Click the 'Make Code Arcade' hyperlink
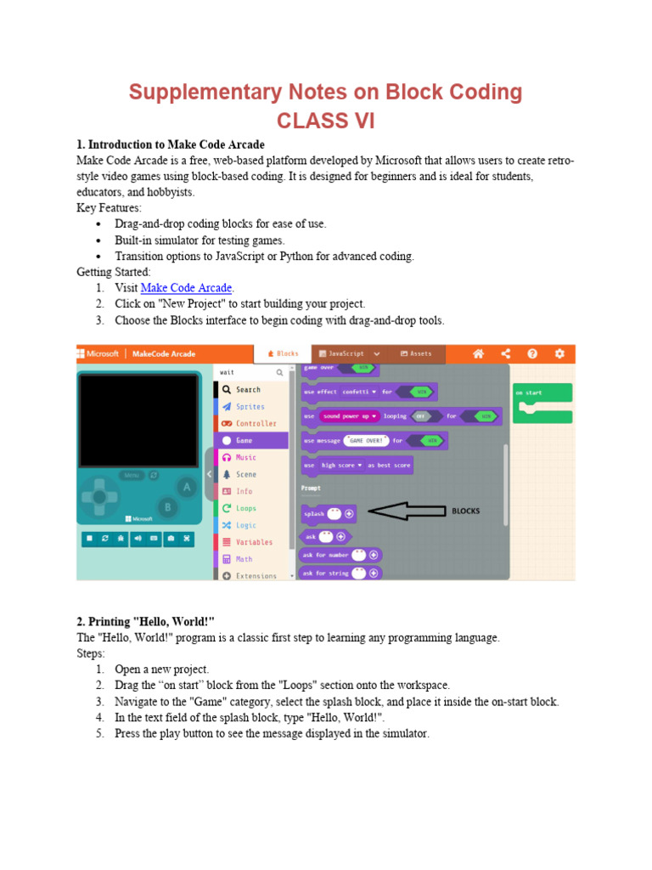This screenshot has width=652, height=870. [x=186, y=288]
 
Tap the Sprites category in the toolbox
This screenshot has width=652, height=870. [x=250, y=407]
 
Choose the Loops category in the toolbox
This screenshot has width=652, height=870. [x=245, y=508]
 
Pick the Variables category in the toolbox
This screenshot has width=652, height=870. [x=254, y=542]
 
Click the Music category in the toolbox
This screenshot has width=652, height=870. [x=245, y=457]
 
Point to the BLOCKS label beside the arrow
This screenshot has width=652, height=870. [x=465, y=511]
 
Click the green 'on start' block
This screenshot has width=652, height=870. [x=542, y=393]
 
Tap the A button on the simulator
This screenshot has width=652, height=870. [x=186, y=486]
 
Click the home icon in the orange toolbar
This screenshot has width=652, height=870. [x=479, y=353]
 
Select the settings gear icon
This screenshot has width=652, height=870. [x=559, y=353]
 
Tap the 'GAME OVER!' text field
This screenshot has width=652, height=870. [x=366, y=441]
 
